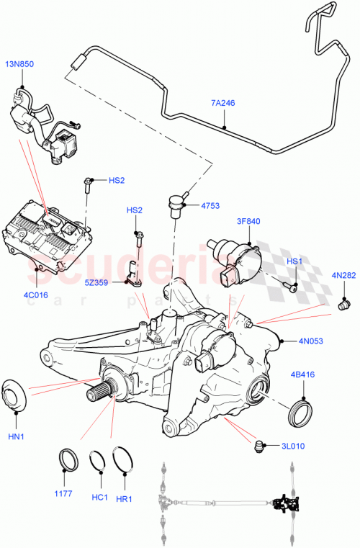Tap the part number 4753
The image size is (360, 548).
pos(210,205)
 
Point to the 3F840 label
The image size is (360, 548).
pos(248,222)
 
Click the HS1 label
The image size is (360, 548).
pos(295,261)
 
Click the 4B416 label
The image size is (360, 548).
pos(302,374)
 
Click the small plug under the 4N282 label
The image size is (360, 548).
pos(343,305)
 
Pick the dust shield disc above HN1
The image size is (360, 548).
pos(16,395)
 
